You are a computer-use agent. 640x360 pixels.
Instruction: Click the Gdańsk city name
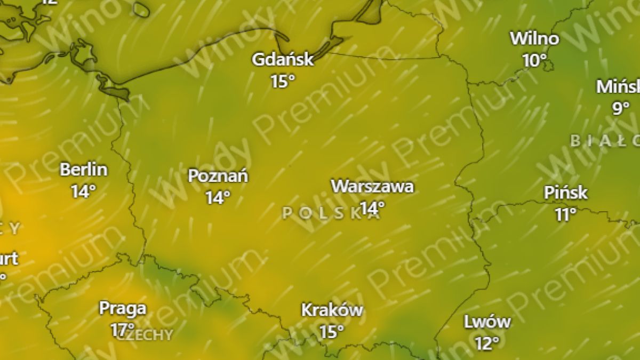tap(283, 59)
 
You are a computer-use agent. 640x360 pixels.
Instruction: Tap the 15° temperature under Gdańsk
tap(282, 81)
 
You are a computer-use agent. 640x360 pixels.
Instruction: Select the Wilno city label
tap(534, 38)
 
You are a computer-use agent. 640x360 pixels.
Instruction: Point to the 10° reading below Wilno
tap(534, 60)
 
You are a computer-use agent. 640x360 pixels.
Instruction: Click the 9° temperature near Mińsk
tap(621, 108)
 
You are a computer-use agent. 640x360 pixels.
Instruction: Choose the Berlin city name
tap(84, 170)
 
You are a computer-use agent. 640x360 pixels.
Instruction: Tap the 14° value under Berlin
tap(83, 191)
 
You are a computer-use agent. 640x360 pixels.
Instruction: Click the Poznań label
tap(218, 175)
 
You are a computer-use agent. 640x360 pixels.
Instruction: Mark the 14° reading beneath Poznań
tap(218, 197)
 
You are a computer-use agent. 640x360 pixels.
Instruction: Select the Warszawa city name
tap(372, 186)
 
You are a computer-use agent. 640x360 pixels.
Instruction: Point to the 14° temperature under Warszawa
tap(372, 207)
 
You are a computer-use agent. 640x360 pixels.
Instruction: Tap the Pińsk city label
tap(566, 193)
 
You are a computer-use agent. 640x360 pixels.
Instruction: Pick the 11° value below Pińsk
tap(565, 214)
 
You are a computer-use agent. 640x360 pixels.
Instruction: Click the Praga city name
tap(123, 308)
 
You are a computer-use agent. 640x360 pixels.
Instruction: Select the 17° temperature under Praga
tap(122, 330)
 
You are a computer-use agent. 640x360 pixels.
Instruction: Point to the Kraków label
tap(332, 309)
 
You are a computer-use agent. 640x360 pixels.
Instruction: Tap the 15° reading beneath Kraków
tap(332, 331)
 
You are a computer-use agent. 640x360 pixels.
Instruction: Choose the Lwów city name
tap(487, 322)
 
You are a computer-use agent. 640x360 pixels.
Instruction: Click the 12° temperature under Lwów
tap(487, 343)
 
